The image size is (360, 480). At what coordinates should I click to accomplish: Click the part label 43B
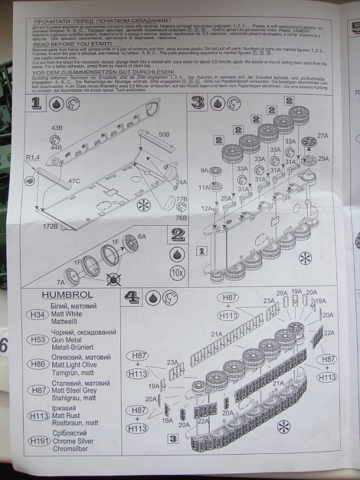(x=56, y=128)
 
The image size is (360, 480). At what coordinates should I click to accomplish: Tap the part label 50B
(x=163, y=134)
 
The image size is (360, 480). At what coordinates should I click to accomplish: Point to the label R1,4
(x=33, y=157)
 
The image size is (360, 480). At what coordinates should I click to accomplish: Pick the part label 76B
(x=181, y=218)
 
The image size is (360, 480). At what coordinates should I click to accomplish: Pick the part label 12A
(x=207, y=209)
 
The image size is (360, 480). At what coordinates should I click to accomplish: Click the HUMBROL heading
(x=67, y=295)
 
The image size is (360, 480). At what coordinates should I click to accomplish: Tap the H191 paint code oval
(x=39, y=441)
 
